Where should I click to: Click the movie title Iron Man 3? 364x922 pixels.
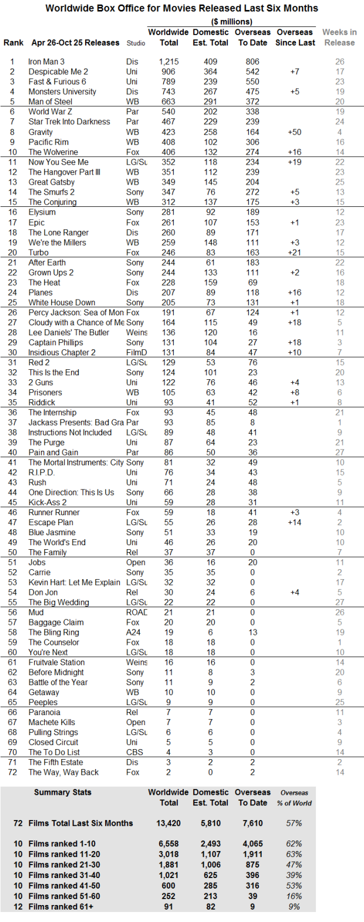(46, 62)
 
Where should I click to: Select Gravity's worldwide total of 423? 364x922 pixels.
(168, 132)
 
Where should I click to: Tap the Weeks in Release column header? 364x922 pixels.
(339, 38)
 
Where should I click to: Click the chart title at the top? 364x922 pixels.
(181, 8)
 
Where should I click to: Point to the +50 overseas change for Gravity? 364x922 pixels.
(294, 132)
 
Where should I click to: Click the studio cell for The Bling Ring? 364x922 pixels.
(133, 632)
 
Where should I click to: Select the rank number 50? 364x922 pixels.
(12, 553)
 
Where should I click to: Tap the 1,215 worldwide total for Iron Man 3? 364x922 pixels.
(168, 62)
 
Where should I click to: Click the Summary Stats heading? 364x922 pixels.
(63, 792)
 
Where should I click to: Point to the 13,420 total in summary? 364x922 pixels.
(168, 823)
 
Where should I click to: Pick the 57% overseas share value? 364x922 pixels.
(294, 823)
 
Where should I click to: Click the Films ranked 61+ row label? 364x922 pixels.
(61, 907)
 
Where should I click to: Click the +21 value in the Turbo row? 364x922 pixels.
(294, 253)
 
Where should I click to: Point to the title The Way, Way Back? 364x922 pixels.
(63, 773)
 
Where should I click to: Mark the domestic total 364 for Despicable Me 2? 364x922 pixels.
(210, 72)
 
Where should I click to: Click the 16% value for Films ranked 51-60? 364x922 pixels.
(294, 896)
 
